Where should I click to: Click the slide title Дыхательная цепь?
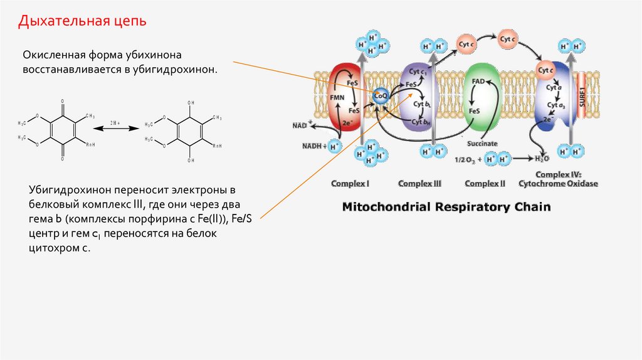click(x=82, y=21)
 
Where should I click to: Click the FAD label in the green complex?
click(x=478, y=82)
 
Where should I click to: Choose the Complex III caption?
click(x=420, y=184)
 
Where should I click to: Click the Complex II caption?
click(x=485, y=184)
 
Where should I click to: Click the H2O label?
click(x=542, y=159)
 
